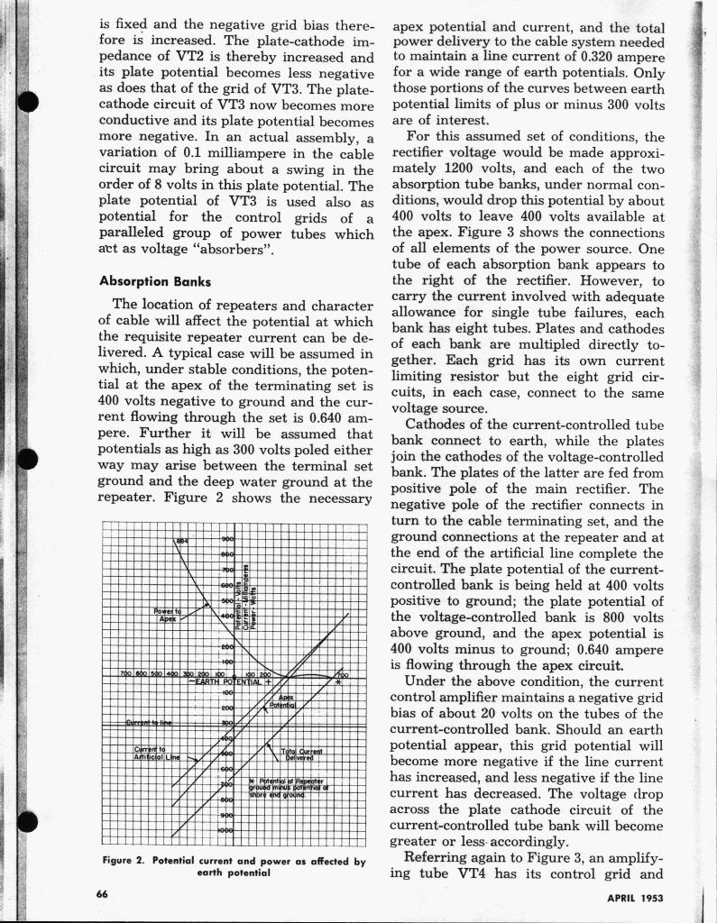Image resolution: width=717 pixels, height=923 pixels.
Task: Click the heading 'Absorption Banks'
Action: click(x=155, y=280)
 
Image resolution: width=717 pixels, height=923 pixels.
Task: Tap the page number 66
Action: click(x=103, y=892)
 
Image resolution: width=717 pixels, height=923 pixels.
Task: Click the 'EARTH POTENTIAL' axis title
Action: click(x=238, y=682)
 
